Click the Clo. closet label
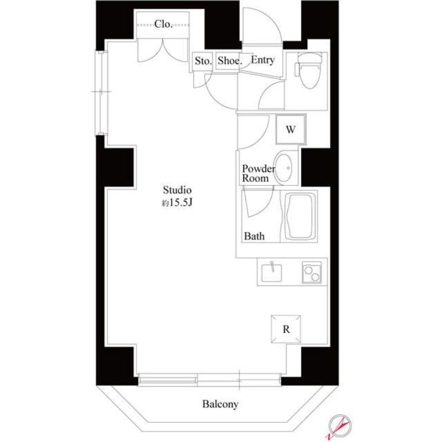tap(164, 24)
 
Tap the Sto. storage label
tap(203, 61)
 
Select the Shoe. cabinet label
tap(229, 61)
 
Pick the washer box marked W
tap(290, 130)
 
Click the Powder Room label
tap(255, 173)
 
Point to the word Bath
tap(255, 236)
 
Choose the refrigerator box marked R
tap(286, 329)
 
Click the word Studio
tap(177, 191)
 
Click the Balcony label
tap(220, 404)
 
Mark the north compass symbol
tap(338, 426)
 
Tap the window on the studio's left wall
tap(101, 92)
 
